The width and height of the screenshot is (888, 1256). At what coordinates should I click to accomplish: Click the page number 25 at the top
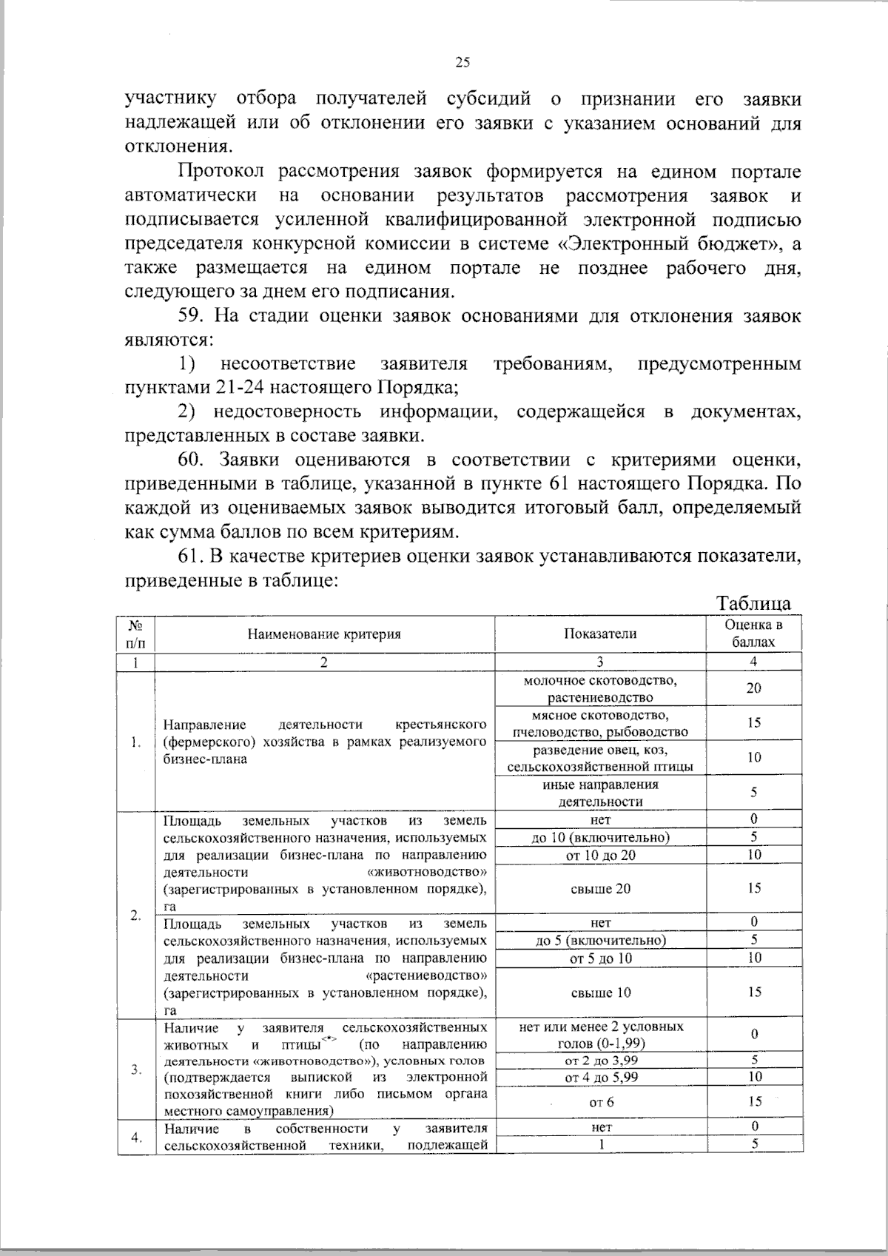pos(462,63)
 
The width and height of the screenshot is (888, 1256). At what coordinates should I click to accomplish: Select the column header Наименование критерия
pos(324,634)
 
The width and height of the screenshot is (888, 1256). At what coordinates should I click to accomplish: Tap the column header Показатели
pos(600,634)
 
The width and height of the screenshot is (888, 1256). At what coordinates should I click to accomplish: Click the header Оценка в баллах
pos(753,634)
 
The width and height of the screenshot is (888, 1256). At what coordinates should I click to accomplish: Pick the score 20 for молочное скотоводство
pos(753,688)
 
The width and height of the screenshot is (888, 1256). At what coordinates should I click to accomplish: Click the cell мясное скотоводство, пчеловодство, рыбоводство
pos(600,723)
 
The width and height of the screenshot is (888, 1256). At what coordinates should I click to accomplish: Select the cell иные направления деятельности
pos(600,793)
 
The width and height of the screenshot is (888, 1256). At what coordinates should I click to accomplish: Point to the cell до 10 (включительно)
pos(600,838)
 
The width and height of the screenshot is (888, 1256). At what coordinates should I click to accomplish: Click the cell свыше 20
pos(600,889)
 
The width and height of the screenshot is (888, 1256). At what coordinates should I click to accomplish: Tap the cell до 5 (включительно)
pos(600,941)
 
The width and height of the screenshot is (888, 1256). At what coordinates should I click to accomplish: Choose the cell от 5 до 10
pos(600,958)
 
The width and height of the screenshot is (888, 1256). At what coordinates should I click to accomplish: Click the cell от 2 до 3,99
pos(600,1060)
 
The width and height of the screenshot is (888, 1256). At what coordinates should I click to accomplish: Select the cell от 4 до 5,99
pos(600,1078)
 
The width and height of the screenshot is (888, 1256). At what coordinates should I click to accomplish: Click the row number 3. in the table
pos(135,1069)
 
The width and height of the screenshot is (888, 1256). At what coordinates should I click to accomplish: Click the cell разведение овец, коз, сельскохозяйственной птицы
pos(600,758)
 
